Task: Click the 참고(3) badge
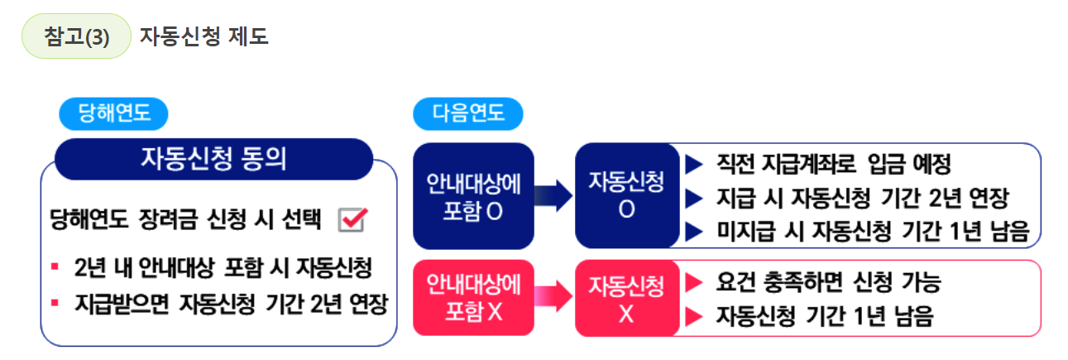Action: [76, 37]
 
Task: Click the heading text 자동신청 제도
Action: [204, 37]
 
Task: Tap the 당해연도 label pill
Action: [113, 113]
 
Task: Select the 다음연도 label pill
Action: [468, 113]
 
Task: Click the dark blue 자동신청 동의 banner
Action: [214, 158]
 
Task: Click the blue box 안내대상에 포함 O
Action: [473, 196]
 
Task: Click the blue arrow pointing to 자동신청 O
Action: [553, 196]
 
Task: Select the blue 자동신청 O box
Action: [626, 196]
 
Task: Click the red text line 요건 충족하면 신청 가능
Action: [828, 282]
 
